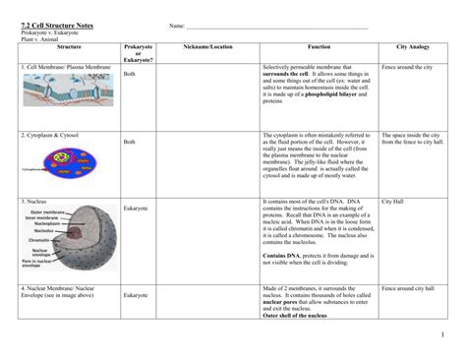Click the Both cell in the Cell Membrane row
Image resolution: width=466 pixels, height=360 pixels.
click(129, 73)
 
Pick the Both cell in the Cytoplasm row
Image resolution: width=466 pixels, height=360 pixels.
click(129, 142)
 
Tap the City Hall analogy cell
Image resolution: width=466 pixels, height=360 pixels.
click(394, 201)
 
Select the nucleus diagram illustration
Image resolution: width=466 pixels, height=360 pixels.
click(65, 241)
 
